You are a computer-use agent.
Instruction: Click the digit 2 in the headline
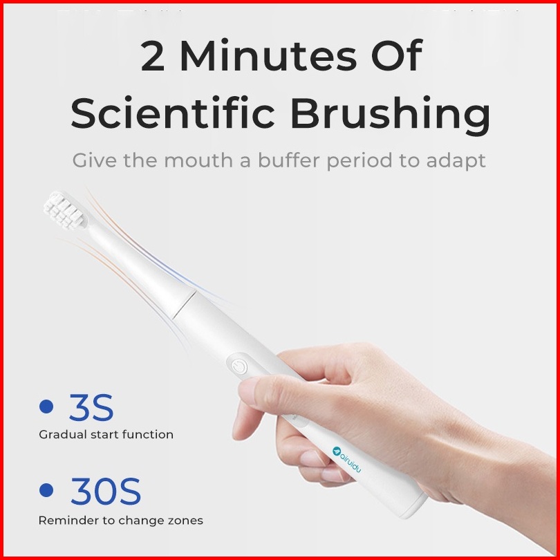[x=153, y=56]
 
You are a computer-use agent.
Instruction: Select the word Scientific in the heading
[x=173, y=112]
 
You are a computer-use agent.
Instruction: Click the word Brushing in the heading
[x=391, y=115]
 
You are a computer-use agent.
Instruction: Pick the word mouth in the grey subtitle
[x=198, y=161]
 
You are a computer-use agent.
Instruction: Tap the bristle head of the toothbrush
[x=65, y=210]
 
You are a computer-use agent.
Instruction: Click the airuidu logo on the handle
[x=346, y=459]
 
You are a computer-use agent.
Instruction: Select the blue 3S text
[x=91, y=407]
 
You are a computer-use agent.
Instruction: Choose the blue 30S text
[x=105, y=491]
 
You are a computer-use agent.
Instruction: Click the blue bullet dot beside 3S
[x=46, y=407]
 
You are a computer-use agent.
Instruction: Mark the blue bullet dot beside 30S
[x=46, y=490]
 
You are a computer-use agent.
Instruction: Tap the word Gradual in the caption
[x=63, y=435]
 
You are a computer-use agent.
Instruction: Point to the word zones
[x=185, y=521]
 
